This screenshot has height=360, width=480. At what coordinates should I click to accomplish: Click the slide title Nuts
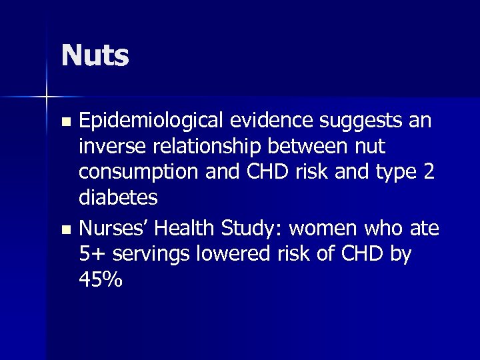click(95, 55)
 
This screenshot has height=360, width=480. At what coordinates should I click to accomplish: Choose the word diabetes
click(118, 198)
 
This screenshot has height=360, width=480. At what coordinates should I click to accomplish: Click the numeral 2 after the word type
click(428, 173)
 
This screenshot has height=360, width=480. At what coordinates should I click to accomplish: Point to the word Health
click(189, 229)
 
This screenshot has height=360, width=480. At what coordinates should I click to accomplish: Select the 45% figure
click(101, 280)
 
